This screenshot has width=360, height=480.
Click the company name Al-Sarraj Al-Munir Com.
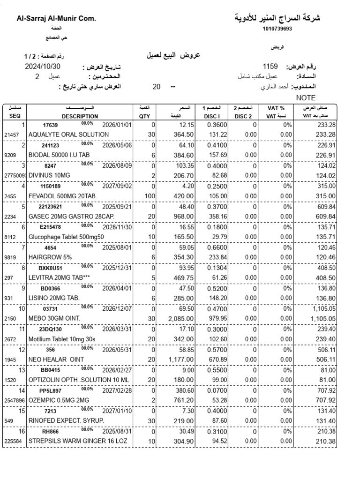tap(56, 19)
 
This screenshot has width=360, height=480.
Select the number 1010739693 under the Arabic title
tap(277, 29)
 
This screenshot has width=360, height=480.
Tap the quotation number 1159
tap(270, 67)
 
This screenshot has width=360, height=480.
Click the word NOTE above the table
tap(307, 98)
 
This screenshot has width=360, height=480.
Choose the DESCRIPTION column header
tap(80, 116)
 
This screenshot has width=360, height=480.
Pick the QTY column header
tap(144, 116)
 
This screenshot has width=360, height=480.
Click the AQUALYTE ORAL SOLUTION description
tap(68, 135)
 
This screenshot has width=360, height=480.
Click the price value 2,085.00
tap(181, 319)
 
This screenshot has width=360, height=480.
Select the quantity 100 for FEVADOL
tap(150, 196)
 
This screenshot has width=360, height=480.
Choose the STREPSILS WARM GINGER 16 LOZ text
tap(77, 442)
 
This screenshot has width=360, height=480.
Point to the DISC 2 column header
tap(243, 116)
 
